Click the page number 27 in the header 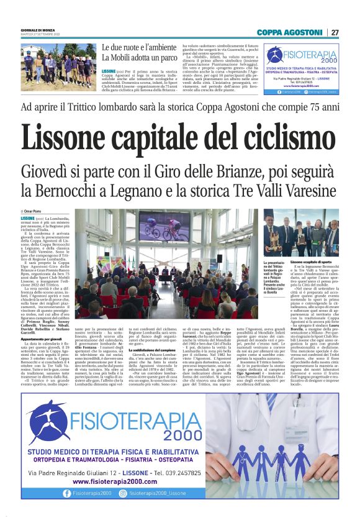[x=335, y=32]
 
